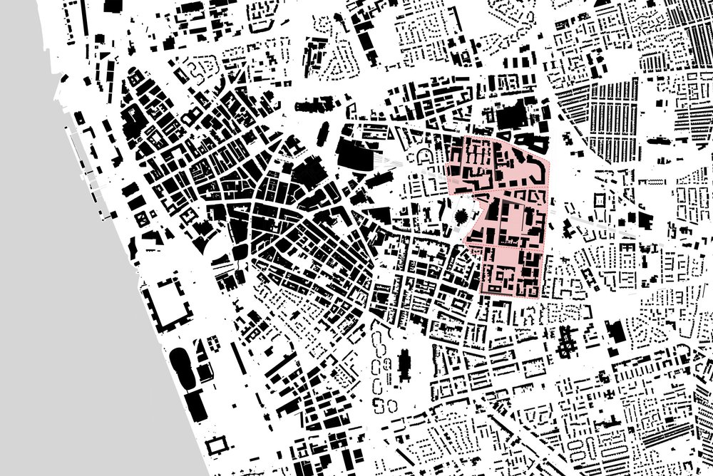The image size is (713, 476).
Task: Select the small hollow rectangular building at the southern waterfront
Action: pyautogui.click(x=215, y=447)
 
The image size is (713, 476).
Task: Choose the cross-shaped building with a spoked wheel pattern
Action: pyautogui.click(x=568, y=343)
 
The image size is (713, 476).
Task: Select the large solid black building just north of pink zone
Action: pyautogui.click(x=513, y=118)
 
